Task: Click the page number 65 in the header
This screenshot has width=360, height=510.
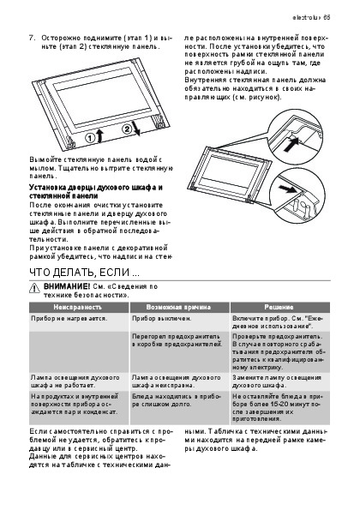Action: click(x=327, y=17)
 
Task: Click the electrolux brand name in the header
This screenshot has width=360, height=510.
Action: click(x=307, y=17)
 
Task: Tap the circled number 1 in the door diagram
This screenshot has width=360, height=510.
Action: click(x=90, y=138)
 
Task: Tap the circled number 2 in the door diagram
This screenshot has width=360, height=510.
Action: click(x=127, y=129)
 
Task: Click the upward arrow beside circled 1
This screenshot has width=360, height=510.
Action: click(x=99, y=135)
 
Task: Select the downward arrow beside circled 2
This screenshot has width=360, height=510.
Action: click(x=136, y=129)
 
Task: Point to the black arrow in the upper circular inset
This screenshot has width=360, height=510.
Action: click(x=291, y=144)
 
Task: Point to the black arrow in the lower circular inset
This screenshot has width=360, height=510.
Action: click(x=287, y=189)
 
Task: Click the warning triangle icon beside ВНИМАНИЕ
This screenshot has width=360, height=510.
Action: click(x=34, y=288)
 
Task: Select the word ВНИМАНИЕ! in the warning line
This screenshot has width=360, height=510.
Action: click(x=66, y=286)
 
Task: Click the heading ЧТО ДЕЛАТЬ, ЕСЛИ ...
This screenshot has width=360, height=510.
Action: click(x=84, y=273)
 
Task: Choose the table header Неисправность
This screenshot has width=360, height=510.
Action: click(x=78, y=307)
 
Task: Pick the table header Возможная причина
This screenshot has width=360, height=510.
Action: click(x=178, y=307)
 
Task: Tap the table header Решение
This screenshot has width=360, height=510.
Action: click(x=279, y=307)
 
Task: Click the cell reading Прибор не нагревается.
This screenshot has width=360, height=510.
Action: click(x=69, y=318)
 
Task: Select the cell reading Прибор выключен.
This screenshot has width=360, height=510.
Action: click(x=161, y=318)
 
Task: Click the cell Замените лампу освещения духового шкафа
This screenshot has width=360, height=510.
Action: click(x=277, y=381)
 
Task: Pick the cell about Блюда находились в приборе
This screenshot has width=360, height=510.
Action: click(x=177, y=400)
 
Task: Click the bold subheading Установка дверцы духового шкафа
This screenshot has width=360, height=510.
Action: click(x=96, y=192)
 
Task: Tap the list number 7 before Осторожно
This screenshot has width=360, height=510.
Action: click(x=32, y=38)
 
